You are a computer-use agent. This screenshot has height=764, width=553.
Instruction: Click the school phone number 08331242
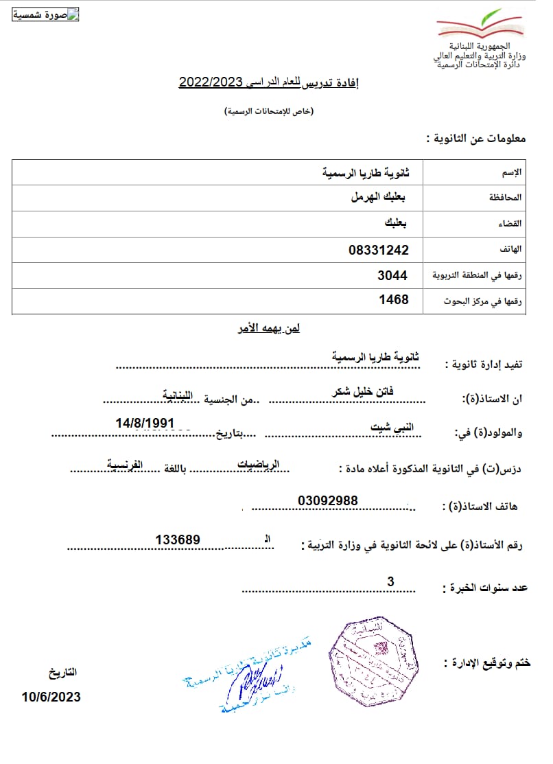(x=378, y=250)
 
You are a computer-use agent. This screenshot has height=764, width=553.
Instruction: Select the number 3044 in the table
(x=392, y=275)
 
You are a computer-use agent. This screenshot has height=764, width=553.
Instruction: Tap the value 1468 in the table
(x=394, y=299)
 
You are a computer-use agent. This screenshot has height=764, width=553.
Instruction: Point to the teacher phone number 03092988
(x=328, y=500)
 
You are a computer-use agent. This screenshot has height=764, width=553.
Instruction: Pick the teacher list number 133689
(x=178, y=540)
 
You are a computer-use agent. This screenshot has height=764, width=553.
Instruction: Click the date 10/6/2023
(x=51, y=697)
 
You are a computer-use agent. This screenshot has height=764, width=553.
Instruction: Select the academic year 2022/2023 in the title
(x=212, y=82)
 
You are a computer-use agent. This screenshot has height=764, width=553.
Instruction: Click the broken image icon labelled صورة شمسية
(x=46, y=15)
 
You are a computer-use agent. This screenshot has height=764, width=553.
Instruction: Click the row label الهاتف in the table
(x=512, y=249)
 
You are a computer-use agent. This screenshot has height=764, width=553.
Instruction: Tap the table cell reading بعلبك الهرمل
(x=378, y=197)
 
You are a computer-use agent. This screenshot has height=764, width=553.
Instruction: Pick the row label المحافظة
(x=506, y=198)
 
